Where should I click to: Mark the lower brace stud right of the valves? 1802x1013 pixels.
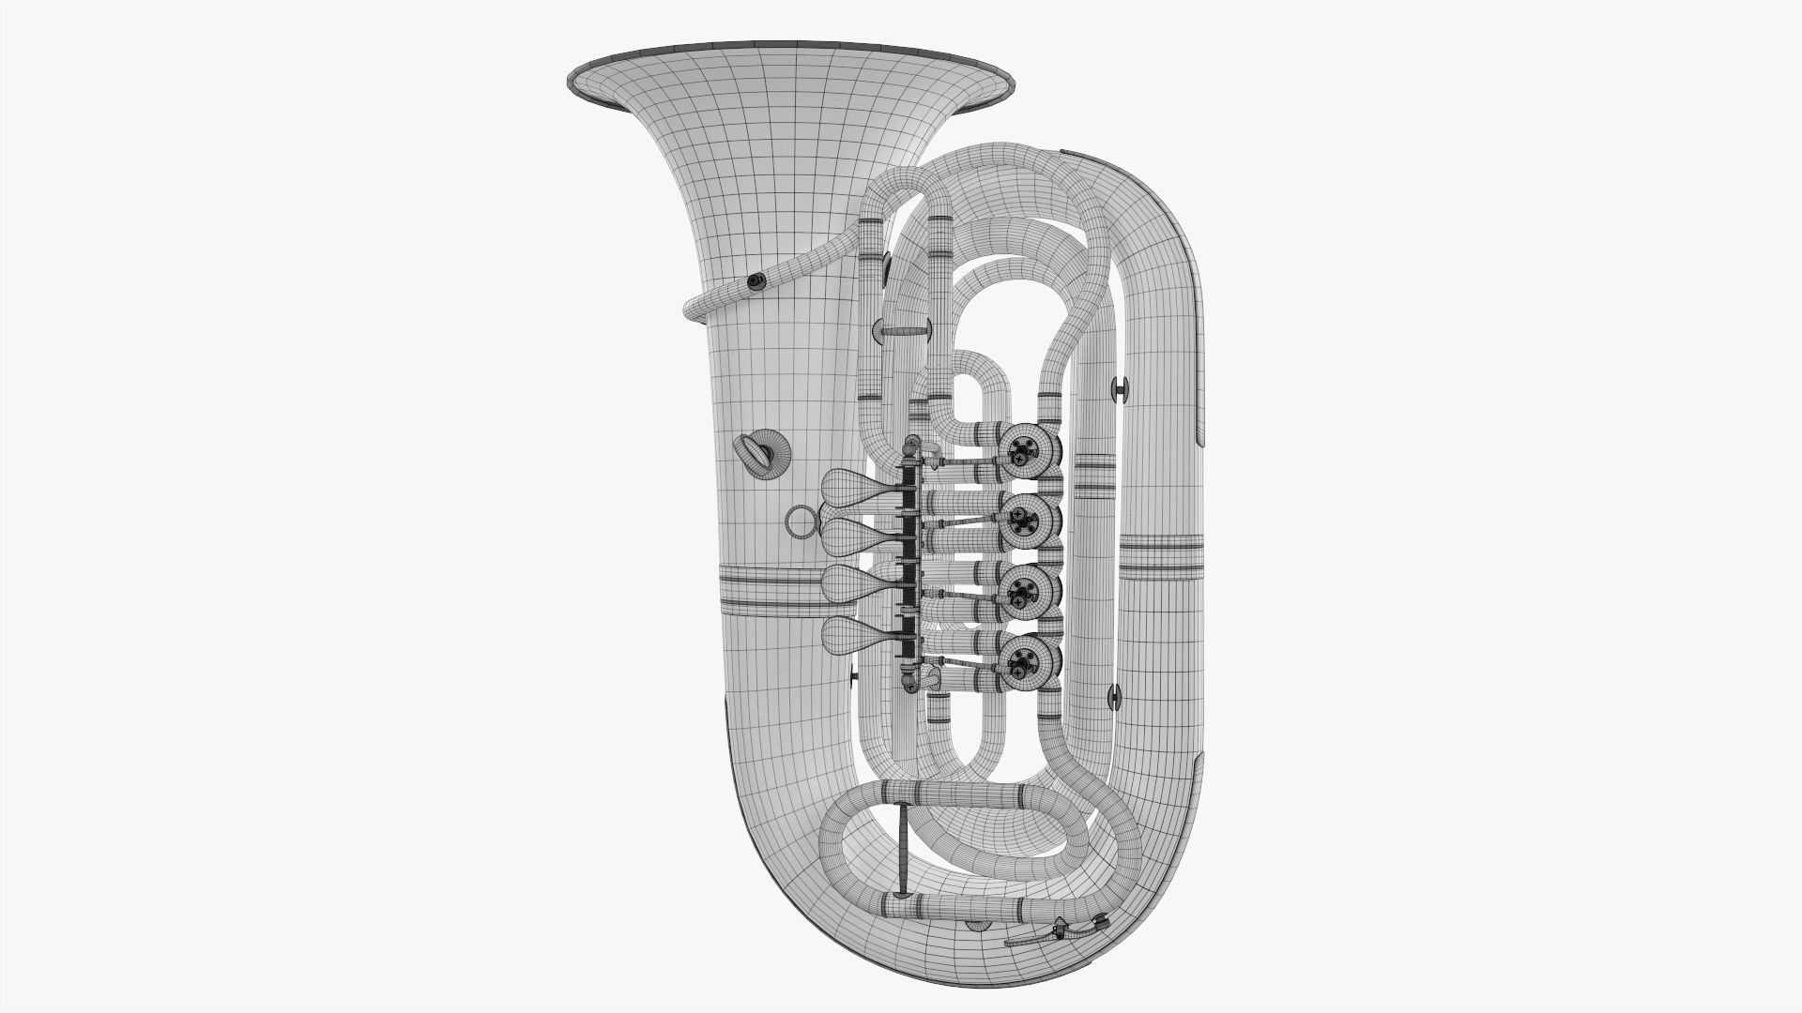click(x=1115, y=695)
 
